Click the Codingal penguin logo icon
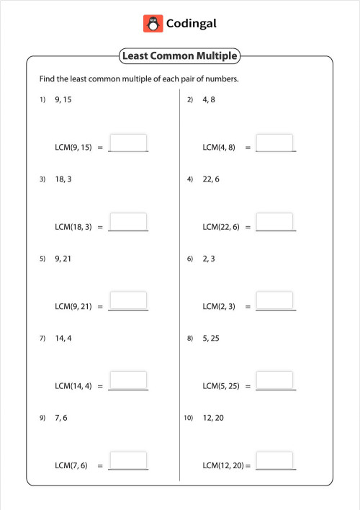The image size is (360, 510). coord(153,24)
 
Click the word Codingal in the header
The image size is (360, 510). coord(191,24)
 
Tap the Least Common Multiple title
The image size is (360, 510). coord(179,56)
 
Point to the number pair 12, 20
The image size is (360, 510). coord(214,418)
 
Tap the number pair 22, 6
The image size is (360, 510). coord(212,179)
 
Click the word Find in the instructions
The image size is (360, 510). coord(47,79)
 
